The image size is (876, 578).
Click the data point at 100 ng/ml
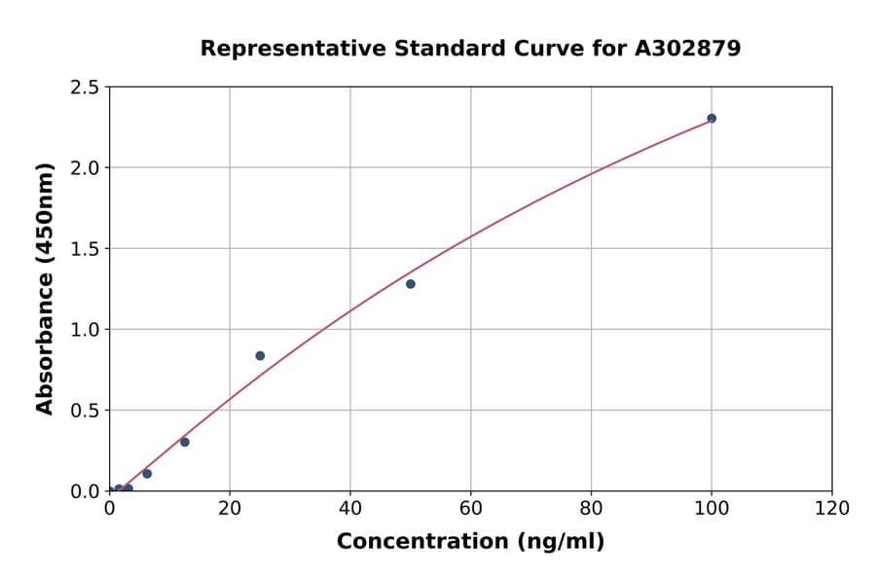pyautogui.click(x=712, y=119)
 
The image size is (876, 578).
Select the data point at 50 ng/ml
pyautogui.click(x=411, y=284)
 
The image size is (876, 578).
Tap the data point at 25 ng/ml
pyautogui.click(x=260, y=356)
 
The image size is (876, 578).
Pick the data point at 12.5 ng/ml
pyautogui.click(x=185, y=442)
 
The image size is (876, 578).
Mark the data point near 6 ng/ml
pyautogui.click(x=147, y=474)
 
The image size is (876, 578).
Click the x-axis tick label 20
pyautogui.click(x=230, y=508)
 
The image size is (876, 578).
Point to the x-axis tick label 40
pyautogui.click(x=350, y=508)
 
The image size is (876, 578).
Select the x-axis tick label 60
pyautogui.click(x=471, y=508)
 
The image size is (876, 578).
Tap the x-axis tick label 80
pyautogui.click(x=591, y=508)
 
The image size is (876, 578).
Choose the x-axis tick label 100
pyautogui.click(x=712, y=508)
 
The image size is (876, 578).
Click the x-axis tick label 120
pyautogui.click(x=832, y=508)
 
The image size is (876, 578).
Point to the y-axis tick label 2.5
pyautogui.click(x=86, y=88)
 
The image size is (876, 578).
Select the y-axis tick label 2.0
pyautogui.click(x=86, y=168)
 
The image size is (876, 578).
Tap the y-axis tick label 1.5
pyautogui.click(x=86, y=249)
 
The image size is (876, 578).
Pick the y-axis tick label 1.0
pyautogui.click(x=86, y=330)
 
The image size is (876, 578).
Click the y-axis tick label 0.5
pyautogui.click(x=86, y=411)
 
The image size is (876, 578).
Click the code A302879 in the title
pyautogui.click(x=687, y=49)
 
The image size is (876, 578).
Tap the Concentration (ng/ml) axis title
pyautogui.click(x=470, y=542)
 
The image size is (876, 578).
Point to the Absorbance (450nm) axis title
pyautogui.click(x=45, y=288)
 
